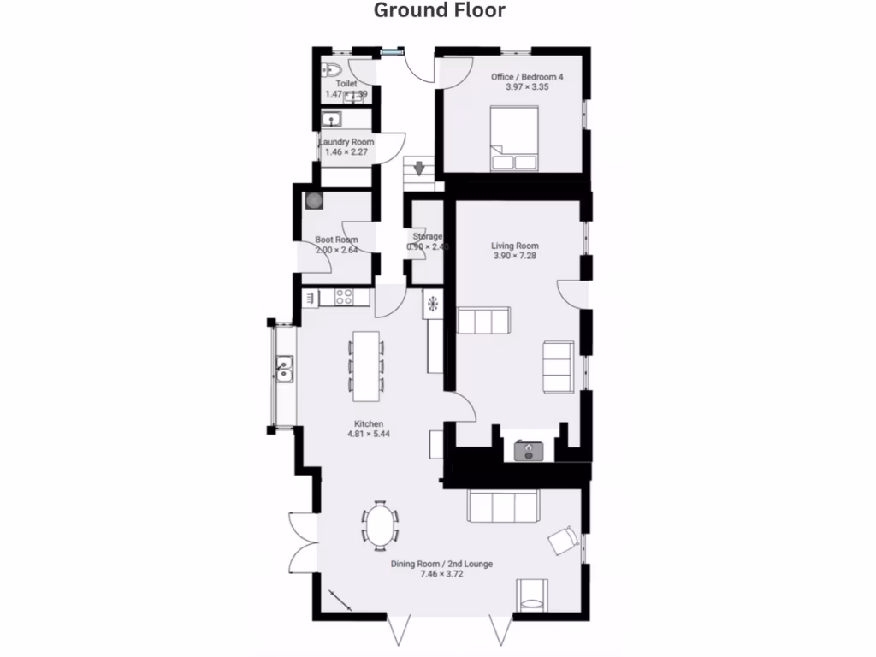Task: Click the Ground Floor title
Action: (x=439, y=10)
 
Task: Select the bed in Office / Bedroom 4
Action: (x=513, y=138)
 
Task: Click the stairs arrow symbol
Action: (x=418, y=168)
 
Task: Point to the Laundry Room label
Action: (x=346, y=141)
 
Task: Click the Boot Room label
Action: (x=336, y=240)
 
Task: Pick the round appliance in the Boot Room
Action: (x=315, y=200)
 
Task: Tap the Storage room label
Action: (x=427, y=236)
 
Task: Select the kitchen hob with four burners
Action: (x=345, y=297)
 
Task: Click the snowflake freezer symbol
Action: (x=433, y=302)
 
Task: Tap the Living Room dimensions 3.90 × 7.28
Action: (x=514, y=256)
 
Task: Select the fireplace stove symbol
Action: (x=529, y=450)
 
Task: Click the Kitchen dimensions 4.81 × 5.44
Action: (x=369, y=434)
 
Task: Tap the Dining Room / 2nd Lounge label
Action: (x=441, y=564)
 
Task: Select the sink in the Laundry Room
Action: (x=331, y=120)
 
